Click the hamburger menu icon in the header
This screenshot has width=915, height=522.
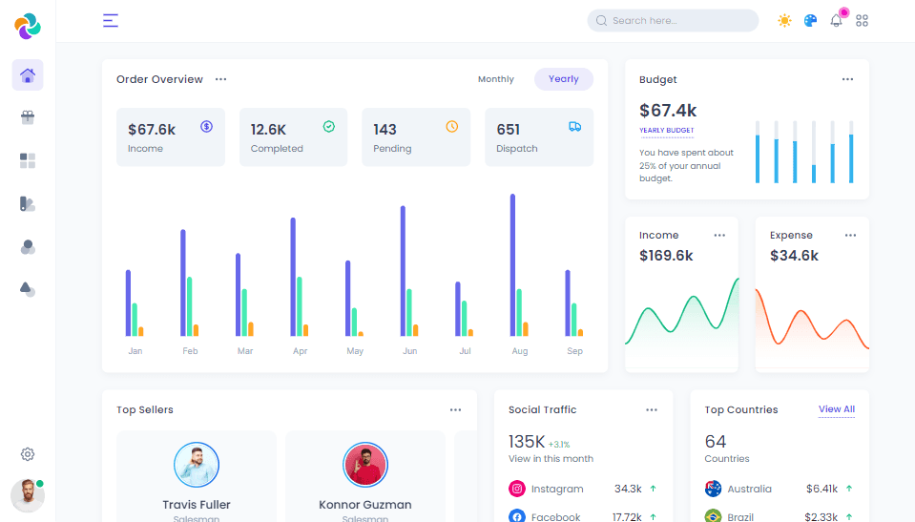[111, 20]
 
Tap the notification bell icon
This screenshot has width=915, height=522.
[836, 20]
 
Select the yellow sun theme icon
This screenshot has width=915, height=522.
[784, 20]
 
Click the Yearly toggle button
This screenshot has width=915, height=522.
[563, 79]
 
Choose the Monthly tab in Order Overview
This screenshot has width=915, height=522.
[495, 79]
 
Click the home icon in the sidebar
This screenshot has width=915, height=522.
[28, 75]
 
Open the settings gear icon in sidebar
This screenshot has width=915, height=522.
[28, 454]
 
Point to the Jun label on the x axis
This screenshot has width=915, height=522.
[409, 351]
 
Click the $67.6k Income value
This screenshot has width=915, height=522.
[152, 129]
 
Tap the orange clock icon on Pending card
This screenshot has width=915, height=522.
[452, 126]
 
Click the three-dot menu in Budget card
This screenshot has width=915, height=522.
[847, 79]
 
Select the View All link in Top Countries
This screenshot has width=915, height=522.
[836, 409]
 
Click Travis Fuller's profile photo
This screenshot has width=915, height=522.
[197, 465]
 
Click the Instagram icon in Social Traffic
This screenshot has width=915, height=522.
[517, 489]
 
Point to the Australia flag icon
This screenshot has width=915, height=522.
[713, 489]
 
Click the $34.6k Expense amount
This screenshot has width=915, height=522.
[794, 256]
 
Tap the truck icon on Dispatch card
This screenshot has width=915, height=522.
[574, 126]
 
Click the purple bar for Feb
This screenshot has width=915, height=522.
[183, 282]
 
